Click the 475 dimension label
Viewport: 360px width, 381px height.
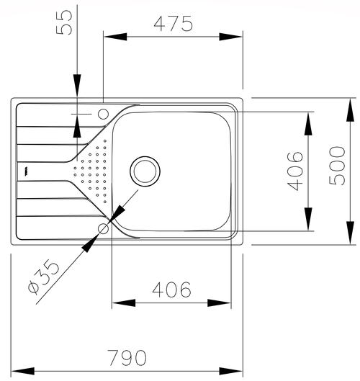[174, 24]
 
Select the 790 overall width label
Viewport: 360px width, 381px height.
[127, 358]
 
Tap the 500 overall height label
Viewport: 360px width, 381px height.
[337, 166]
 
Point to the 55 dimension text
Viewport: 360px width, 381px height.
[64, 22]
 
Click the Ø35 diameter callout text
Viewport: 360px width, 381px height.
[44, 277]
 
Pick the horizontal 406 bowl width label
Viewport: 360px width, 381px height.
[172, 290]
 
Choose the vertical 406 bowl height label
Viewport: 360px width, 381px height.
[295, 171]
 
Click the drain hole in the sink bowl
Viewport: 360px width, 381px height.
[145, 171]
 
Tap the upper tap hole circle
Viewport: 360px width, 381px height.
[103, 114]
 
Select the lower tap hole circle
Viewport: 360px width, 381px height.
[103, 228]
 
